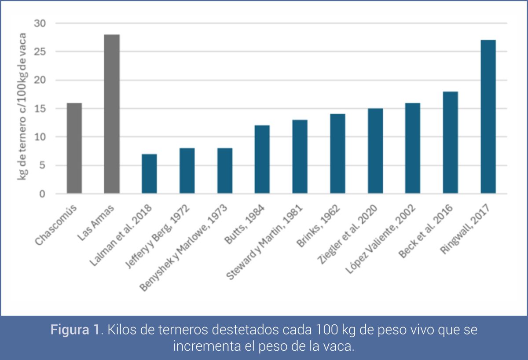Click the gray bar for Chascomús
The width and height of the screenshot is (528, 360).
[74, 148]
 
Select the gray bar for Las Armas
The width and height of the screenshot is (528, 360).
[112, 114]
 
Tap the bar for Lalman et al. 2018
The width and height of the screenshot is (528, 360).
[149, 174]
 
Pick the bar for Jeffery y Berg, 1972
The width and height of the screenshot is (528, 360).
[187, 171]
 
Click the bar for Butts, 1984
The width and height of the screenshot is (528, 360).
[262, 159]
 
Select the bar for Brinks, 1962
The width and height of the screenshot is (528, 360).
[337, 154]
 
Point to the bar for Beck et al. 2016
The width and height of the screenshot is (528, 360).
[451, 143]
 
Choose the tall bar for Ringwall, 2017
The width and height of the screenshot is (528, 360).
[488, 117]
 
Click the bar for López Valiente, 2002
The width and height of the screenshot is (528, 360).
[413, 148]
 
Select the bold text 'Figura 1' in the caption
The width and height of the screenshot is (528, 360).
[74, 330]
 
